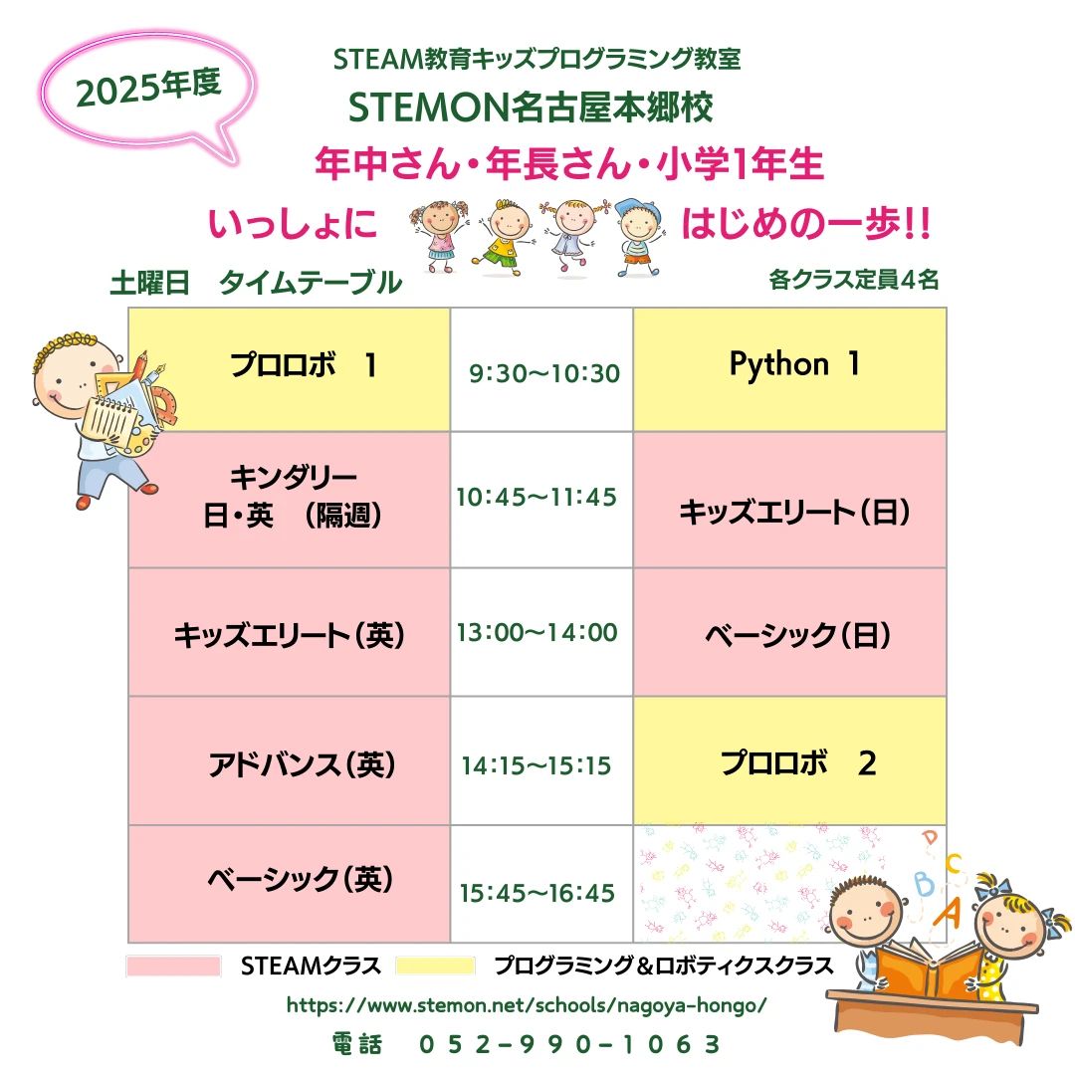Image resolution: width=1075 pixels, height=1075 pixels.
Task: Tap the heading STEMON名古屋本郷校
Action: tap(531, 107)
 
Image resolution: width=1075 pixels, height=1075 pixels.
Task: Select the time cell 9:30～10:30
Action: tap(543, 373)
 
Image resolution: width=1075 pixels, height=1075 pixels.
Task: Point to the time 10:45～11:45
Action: tap(537, 497)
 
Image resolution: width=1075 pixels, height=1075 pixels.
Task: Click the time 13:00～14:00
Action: tap(537, 632)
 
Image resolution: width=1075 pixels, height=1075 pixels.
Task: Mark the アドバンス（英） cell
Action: tap(289, 764)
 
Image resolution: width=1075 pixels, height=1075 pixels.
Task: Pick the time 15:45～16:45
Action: tap(537, 893)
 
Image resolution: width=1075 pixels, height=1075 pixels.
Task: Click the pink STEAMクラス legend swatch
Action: tap(173, 966)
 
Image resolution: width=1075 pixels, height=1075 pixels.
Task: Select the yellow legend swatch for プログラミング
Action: tap(435, 966)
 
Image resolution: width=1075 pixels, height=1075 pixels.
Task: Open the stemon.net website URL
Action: tap(527, 1005)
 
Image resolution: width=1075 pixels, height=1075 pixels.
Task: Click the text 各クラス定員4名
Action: tap(853, 280)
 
